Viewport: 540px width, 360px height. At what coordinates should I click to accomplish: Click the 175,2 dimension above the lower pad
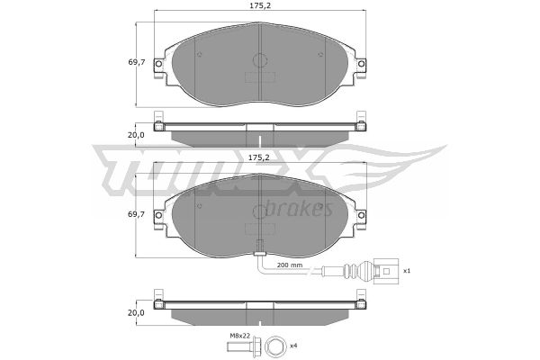(x=259, y=157)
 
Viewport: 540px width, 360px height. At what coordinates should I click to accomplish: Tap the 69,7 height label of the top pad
(x=137, y=62)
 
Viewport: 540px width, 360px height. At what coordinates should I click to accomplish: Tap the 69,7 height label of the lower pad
(x=137, y=214)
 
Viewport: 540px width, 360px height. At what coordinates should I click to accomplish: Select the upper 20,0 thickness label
(x=136, y=135)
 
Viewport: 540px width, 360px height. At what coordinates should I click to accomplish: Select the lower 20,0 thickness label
(x=136, y=313)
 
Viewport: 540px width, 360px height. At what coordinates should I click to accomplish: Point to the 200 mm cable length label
(x=290, y=265)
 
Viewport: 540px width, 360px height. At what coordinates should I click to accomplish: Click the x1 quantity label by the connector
(x=407, y=271)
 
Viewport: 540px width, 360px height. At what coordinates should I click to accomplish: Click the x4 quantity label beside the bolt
(x=293, y=346)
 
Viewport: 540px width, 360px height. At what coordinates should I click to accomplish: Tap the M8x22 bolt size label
(x=239, y=335)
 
